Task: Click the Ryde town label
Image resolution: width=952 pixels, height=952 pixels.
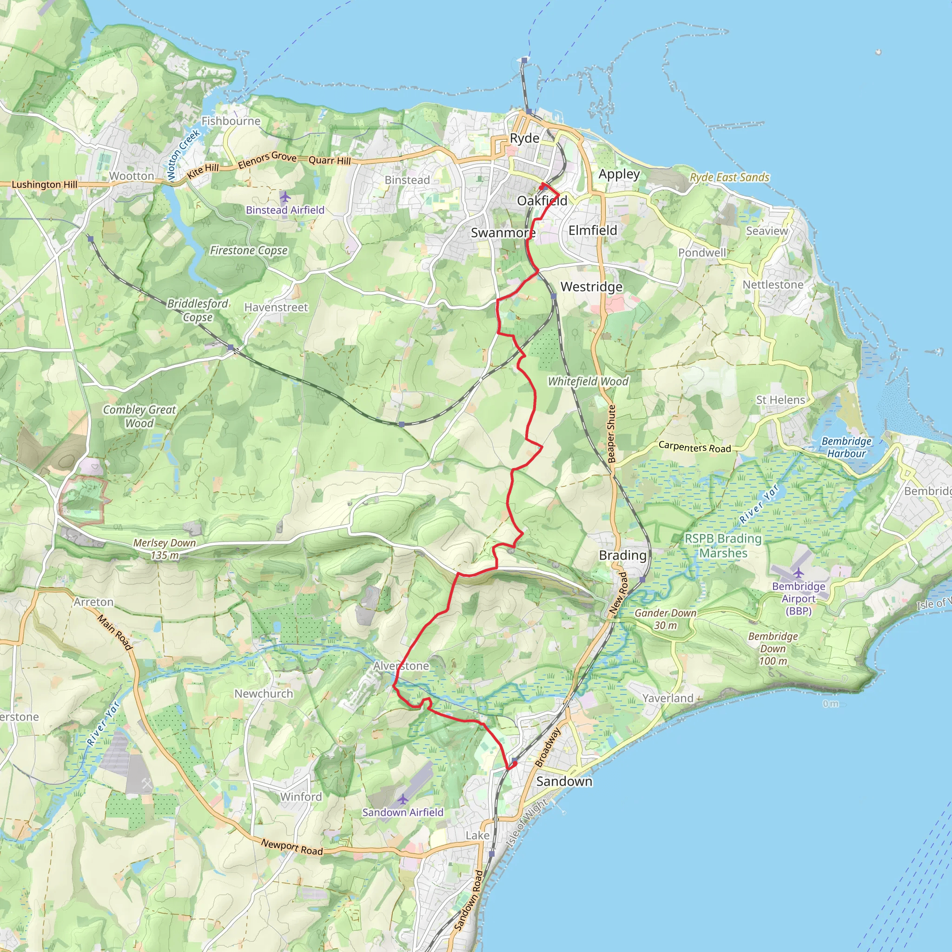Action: click(524, 139)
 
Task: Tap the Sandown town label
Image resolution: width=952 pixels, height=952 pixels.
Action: click(564, 781)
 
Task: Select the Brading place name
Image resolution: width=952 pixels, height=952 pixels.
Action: click(622, 555)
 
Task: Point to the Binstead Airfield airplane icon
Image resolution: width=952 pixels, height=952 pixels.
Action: click(285, 198)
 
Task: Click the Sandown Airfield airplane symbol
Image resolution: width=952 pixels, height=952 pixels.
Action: click(403, 799)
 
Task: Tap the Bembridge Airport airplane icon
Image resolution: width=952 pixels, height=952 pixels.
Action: click(798, 573)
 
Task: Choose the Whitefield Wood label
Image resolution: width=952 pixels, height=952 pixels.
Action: click(588, 381)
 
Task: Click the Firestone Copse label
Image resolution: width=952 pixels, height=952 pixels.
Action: click(249, 251)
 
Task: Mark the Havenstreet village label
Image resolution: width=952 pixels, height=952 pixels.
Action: click(276, 307)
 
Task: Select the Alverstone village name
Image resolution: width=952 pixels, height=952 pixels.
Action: click(401, 666)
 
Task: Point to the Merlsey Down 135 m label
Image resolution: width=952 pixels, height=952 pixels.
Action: click(165, 549)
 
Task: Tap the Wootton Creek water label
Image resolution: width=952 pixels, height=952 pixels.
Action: click(183, 155)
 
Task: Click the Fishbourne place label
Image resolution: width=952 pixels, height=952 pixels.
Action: click(231, 121)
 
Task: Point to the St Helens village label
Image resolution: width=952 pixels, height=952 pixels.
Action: click(780, 400)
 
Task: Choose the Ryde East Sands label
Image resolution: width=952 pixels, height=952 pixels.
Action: click(729, 178)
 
